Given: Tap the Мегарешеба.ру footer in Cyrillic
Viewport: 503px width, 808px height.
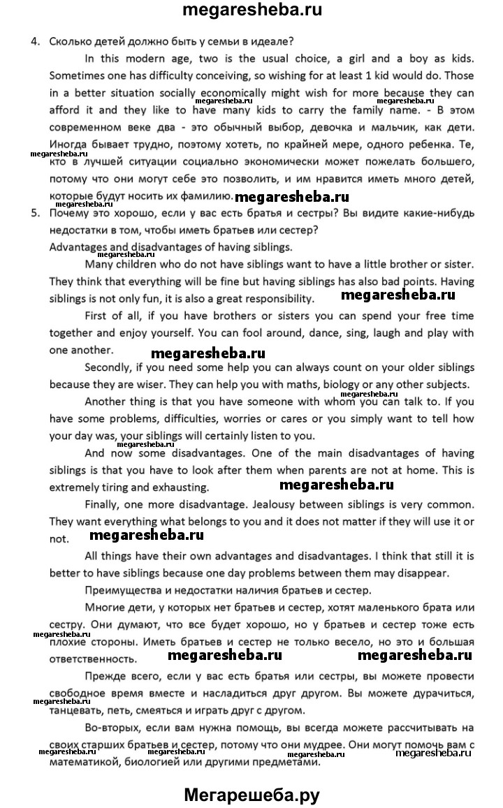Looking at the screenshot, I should (251, 794).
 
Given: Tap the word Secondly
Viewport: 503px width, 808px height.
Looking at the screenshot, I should (109, 367).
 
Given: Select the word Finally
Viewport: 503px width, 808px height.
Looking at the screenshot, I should (104, 504).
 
